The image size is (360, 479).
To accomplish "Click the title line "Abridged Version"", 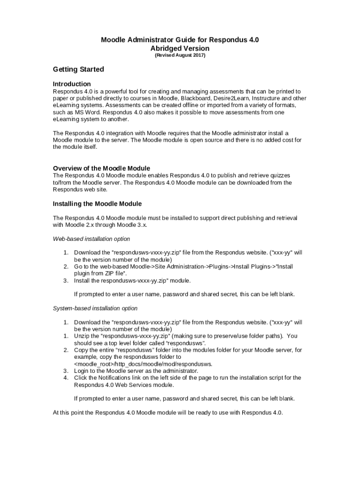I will tap(180, 48).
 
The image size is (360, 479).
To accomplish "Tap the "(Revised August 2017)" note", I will tap(180, 55).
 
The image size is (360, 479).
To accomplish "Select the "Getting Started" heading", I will tap(78, 69).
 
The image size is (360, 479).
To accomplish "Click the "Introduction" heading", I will tap(72, 84).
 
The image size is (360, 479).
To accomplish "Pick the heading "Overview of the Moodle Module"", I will tap(101, 168).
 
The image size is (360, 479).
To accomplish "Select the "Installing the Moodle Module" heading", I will tap(97, 204).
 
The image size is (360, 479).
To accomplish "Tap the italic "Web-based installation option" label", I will tap(91, 239).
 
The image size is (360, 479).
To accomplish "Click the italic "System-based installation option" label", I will tap(95, 308).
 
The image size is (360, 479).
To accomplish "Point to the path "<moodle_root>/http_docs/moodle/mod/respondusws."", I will tap(144, 363).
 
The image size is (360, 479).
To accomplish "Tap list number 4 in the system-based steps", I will tap(66, 377).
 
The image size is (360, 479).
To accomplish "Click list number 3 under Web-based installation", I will tap(66, 281).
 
